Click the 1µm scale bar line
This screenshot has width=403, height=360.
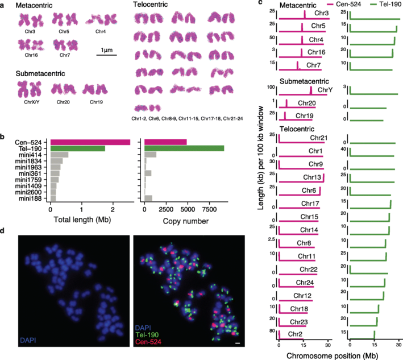tap(106, 55)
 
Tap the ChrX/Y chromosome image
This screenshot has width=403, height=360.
tap(28, 89)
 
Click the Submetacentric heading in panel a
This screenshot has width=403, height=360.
tap(40, 73)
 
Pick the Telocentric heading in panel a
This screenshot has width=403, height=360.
tap(149, 5)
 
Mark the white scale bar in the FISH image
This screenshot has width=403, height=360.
tap(238, 343)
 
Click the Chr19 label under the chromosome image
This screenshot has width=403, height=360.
tap(95, 102)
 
